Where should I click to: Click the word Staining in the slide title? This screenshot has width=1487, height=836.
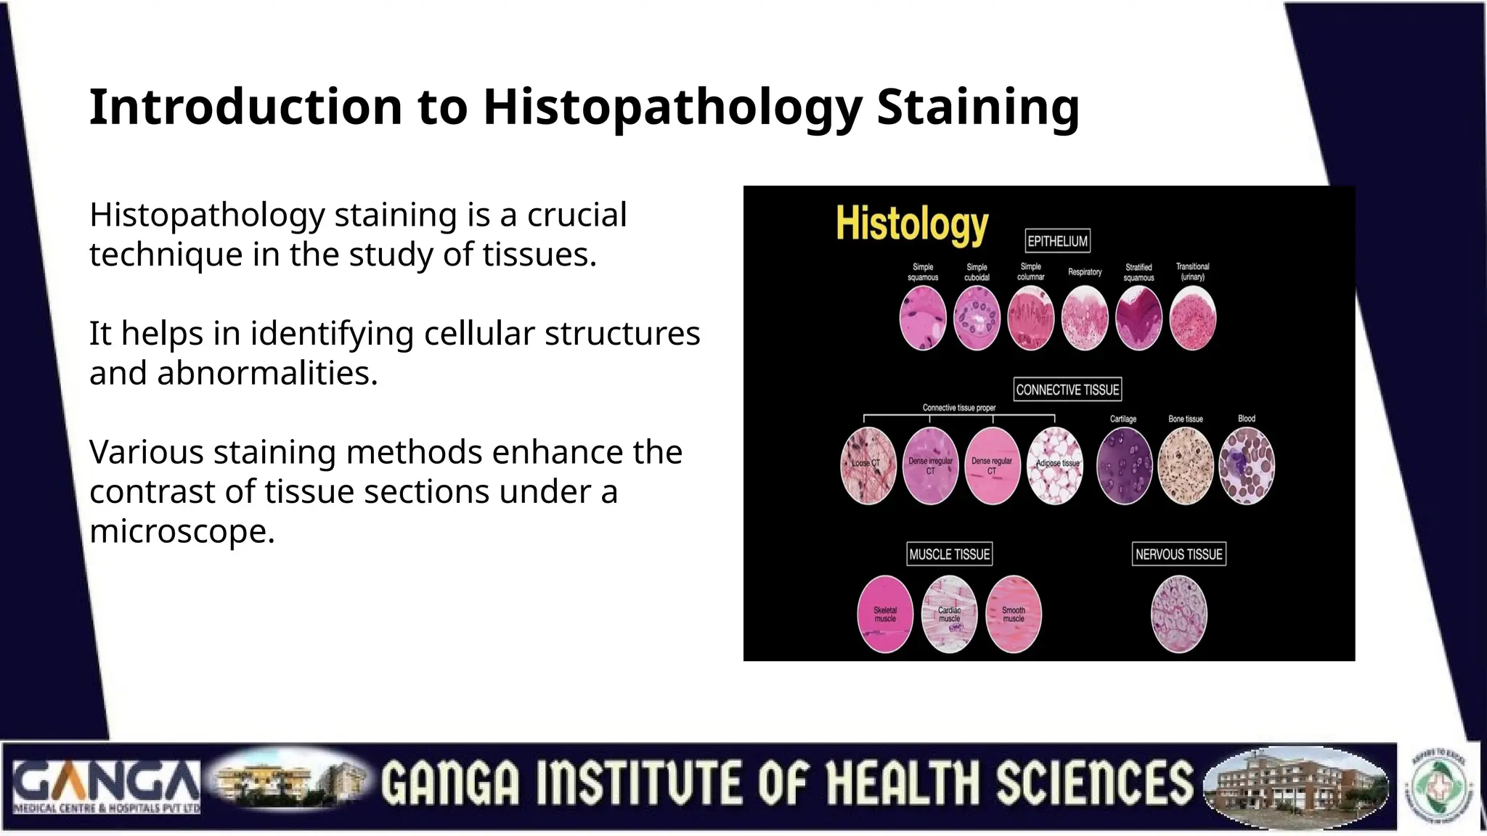coord(977,107)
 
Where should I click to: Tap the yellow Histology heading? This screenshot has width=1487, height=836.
coord(912,224)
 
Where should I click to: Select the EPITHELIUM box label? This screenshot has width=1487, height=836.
coord(1057,241)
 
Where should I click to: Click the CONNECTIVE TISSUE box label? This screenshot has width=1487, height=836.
coord(1067,390)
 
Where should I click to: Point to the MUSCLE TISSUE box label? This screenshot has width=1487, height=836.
coord(949,554)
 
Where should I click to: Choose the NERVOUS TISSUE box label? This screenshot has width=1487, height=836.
coord(1178,554)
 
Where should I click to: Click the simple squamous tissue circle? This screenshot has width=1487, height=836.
coord(923,318)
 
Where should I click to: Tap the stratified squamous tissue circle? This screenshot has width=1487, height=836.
coord(1138,318)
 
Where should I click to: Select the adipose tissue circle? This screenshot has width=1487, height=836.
coord(1055,466)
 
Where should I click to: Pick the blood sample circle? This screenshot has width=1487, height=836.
coord(1247,466)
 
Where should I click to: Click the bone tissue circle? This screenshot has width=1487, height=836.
coord(1186,466)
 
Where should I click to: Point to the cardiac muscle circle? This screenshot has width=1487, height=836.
coord(949,615)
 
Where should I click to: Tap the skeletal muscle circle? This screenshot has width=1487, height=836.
coord(885,615)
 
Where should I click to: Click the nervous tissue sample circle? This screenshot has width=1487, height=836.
coord(1179,615)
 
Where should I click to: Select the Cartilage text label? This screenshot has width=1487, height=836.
coord(1123,419)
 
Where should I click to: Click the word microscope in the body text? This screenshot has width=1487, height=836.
coord(182,531)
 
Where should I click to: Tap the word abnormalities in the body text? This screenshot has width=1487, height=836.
coord(266,373)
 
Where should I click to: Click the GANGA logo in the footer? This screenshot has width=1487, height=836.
coord(107,787)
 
